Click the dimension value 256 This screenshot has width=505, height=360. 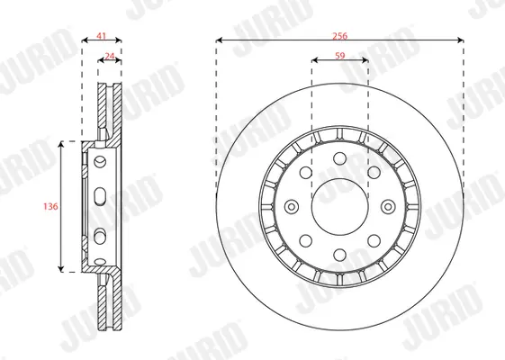pyautogui.click(x=339, y=35)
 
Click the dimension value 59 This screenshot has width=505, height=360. pyautogui.click(x=339, y=56)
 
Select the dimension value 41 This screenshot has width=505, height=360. pyautogui.click(x=102, y=35)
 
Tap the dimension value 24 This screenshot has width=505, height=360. pyautogui.click(x=110, y=56)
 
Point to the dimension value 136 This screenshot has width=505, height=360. pyautogui.click(x=50, y=206)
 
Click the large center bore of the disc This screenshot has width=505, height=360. pyautogui.click(x=339, y=207)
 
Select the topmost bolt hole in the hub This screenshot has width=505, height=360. pyautogui.click(x=339, y=158)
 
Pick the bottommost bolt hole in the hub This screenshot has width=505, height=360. pyautogui.click(x=339, y=255)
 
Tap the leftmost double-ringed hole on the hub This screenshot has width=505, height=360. pyautogui.click(x=292, y=207)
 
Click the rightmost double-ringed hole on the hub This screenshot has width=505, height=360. pyautogui.click(x=388, y=207)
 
